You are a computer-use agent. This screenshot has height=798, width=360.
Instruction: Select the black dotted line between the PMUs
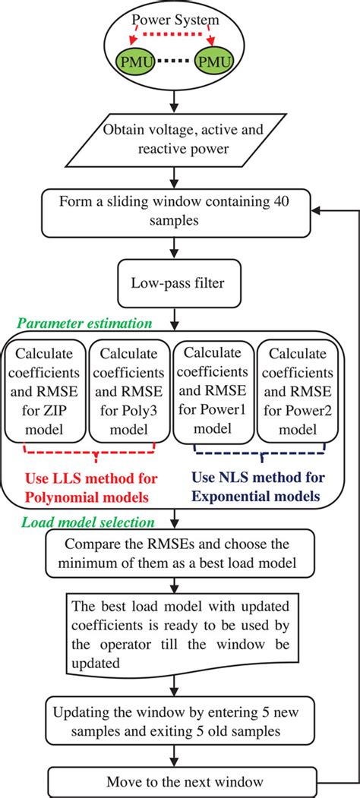click(175, 58)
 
